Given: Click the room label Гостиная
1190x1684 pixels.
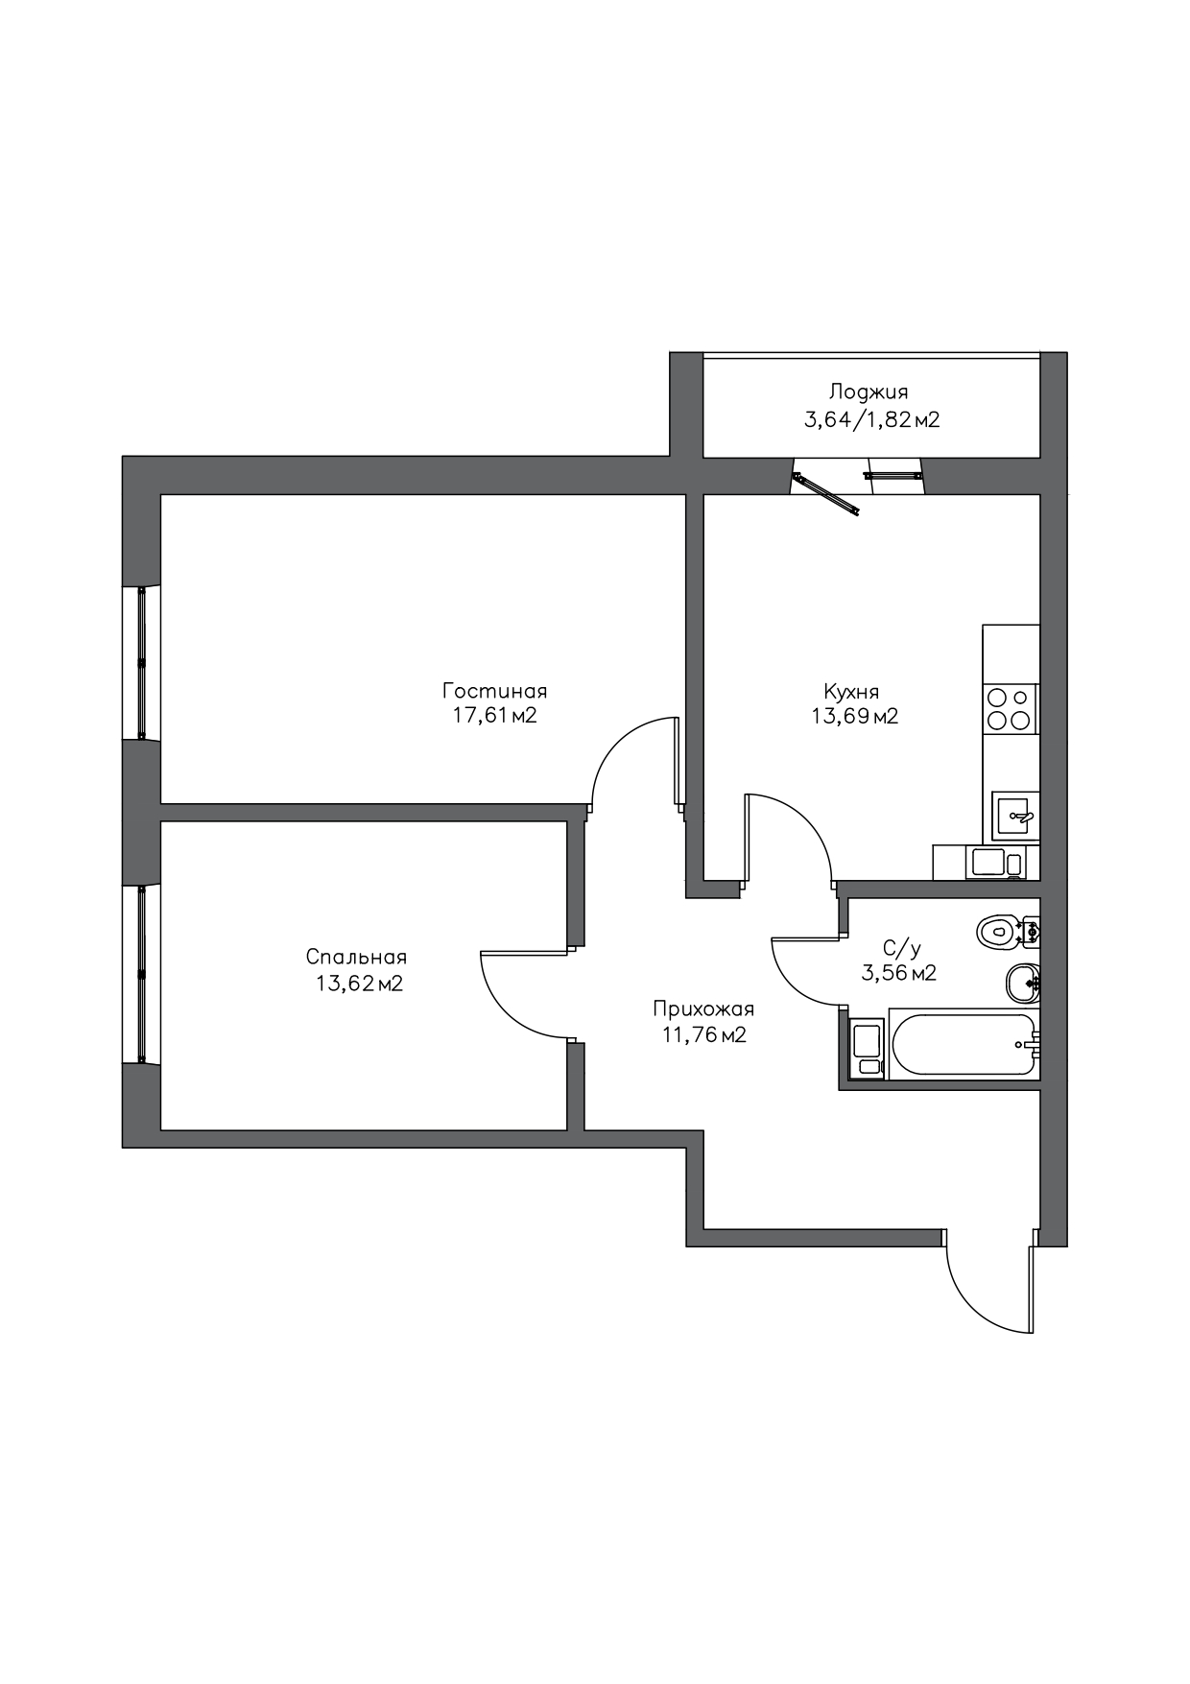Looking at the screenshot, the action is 494,691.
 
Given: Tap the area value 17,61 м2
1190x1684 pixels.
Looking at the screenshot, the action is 494,716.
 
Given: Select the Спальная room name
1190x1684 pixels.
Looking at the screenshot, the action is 356,957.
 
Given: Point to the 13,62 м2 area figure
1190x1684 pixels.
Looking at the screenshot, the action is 359,983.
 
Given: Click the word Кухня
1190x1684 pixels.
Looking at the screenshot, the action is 851,691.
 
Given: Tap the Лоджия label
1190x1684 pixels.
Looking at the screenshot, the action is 869,392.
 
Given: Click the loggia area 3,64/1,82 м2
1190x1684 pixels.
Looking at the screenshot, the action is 871,419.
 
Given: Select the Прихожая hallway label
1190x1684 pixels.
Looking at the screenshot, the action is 703,1009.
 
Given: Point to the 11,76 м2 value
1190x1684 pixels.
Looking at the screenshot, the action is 704,1034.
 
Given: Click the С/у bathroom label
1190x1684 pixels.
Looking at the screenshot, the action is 902,949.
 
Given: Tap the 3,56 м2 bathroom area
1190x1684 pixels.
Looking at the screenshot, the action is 899,973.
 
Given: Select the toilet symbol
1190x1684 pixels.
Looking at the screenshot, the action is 1008,930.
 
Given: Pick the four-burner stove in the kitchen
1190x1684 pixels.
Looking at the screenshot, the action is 1010,709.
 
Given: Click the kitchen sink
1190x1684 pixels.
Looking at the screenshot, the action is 1013,817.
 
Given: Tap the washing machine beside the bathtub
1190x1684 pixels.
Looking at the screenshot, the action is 868,1048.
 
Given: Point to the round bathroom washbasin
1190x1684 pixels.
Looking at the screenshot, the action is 1022,982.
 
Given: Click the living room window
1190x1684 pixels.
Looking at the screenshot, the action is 141,662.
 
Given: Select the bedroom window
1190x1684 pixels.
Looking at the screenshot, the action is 141,973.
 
